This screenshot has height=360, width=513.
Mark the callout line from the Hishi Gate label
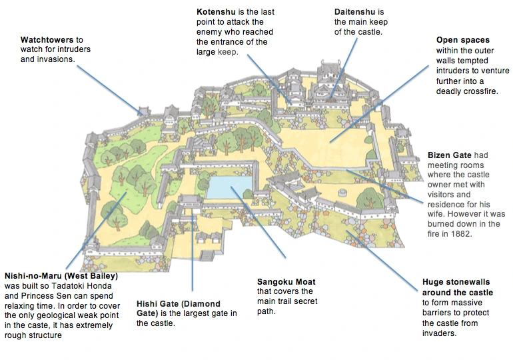tap(192, 253)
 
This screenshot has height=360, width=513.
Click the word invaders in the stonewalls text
tap(440, 333)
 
